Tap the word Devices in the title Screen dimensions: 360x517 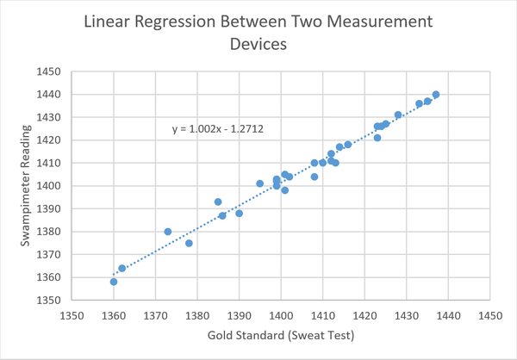point(258,45)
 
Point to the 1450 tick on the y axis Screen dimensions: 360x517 point(53,71)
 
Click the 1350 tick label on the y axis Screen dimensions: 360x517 point(53,300)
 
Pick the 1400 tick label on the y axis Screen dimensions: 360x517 point(53,186)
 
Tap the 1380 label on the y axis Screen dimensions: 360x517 point(53,232)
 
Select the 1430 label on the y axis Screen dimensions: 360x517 point(53,117)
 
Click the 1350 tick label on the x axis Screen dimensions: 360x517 point(72,315)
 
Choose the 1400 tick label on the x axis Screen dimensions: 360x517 point(281,315)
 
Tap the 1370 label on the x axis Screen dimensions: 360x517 point(156,315)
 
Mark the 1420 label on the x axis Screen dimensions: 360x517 point(364,315)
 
